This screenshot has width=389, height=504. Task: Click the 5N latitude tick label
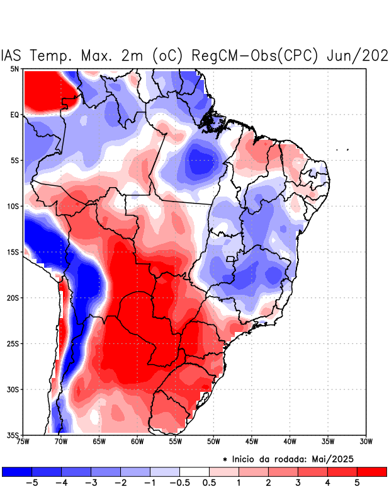[x=14, y=69]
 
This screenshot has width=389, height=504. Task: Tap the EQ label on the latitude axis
[x=14, y=115]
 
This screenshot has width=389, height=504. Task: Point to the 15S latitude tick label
[x=13, y=252]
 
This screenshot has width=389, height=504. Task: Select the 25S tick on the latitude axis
[x=13, y=343]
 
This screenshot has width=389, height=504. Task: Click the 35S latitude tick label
[x=13, y=435]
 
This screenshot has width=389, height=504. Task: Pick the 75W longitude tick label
[x=24, y=442]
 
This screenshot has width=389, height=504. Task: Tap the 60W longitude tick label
[x=137, y=442]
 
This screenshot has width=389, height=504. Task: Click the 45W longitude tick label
[x=251, y=442]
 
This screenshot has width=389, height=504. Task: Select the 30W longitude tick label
[x=366, y=442]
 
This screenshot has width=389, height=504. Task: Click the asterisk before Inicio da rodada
[x=225, y=460]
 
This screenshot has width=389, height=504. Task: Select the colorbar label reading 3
[x=298, y=483]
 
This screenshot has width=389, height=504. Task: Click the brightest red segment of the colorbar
[x=371, y=471]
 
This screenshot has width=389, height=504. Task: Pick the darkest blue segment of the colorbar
[x=17, y=471]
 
